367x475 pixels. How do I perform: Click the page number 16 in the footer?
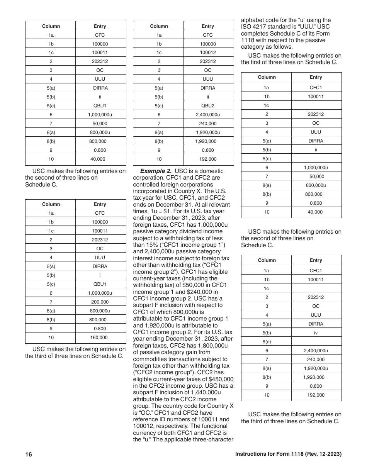[29, 455]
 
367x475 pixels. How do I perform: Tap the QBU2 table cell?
[208, 106]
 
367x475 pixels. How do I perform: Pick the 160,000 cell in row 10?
[100, 338]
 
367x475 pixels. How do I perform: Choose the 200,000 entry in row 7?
[100, 302]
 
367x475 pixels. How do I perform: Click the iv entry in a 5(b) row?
[316, 333]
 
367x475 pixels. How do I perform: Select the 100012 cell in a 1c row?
[208, 53]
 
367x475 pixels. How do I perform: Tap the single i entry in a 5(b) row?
[100, 275]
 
